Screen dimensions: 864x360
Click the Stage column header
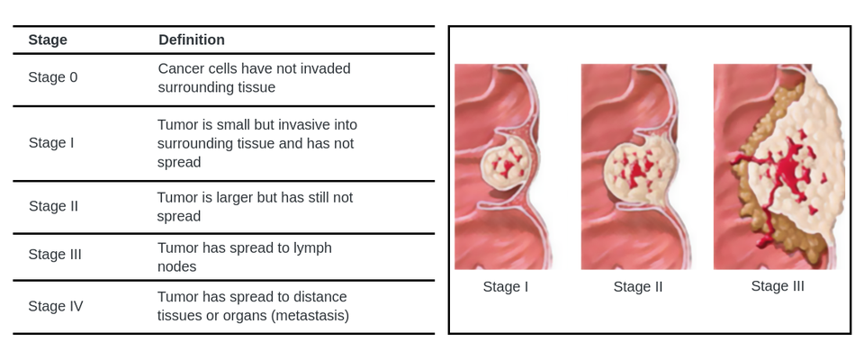pos(48,40)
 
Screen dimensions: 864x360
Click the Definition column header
pos(192,40)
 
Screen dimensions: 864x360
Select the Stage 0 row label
pos(53,77)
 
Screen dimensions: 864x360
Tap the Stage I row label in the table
pos(51,143)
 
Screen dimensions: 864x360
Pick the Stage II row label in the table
pos(53,206)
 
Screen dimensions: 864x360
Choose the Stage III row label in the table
pos(55,254)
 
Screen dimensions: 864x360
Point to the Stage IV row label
pos(56,306)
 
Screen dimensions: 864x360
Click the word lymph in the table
pos(312,248)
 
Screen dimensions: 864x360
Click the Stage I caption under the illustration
pos(506,287)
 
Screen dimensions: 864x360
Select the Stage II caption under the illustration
pos(638,287)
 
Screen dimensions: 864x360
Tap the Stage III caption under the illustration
pos(778,286)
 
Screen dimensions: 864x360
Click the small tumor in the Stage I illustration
pos(506,164)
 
